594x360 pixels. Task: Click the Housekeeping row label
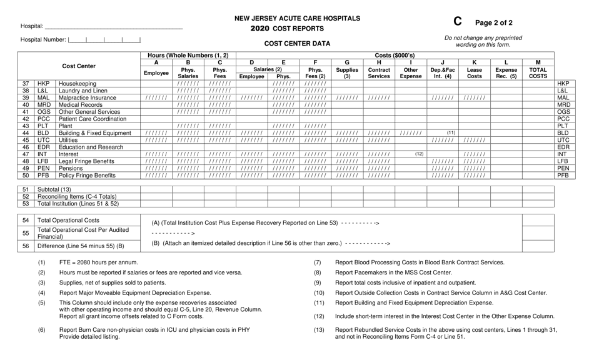(78, 83)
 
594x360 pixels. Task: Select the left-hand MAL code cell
(43, 97)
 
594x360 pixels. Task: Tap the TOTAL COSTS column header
(538, 72)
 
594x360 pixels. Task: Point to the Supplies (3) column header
(347, 72)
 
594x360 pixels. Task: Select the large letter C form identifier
(458, 22)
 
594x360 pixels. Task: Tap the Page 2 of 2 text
(494, 23)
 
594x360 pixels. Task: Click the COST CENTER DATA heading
(297, 44)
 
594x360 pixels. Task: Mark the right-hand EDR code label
(563, 147)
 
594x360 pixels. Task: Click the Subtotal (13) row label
(54, 189)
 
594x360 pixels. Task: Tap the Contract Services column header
(379, 72)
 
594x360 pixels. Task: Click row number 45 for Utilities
(26, 140)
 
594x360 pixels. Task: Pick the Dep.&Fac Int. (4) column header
(442, 72)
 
